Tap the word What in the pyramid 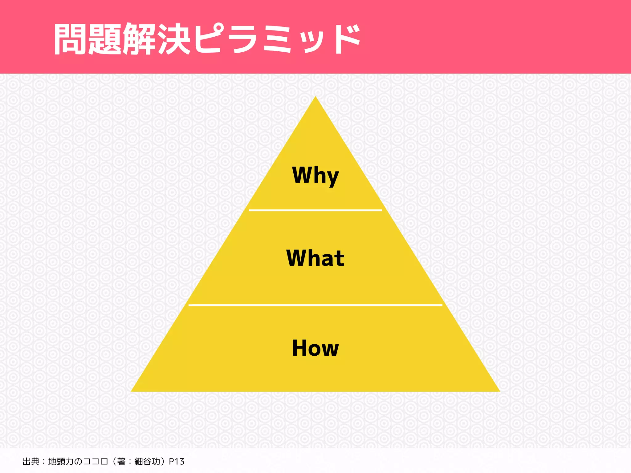click(x=315, y=258)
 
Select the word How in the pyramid click(x=315, y=348)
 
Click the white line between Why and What click(x=315, y=210)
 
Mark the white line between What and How click(x=315, y=305)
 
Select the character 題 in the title click(x=105, y=39)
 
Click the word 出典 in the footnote click(x=31, y=462)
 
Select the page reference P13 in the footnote click(x=177, y=462)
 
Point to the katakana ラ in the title click(x=243, y=39)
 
